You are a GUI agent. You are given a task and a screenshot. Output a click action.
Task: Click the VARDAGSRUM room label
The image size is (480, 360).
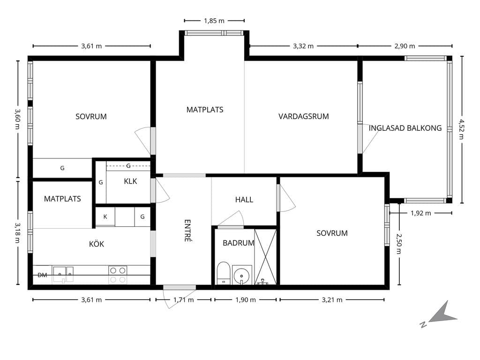(x=303, y=116)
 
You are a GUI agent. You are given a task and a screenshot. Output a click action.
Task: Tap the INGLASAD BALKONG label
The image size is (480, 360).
(x=405, y=128)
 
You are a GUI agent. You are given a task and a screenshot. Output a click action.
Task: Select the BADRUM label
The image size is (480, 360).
(x=239, y=243)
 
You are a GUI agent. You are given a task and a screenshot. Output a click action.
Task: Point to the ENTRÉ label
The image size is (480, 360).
(x=187, y=231)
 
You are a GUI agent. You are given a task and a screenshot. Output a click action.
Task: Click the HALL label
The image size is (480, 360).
(x=244, y=200)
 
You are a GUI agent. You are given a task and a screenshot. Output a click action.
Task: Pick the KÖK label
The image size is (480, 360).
(x=97, y=244)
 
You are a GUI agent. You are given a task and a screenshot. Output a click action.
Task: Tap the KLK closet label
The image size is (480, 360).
(x=130, y=181)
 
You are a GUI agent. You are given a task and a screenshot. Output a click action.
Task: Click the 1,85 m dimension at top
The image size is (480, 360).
(x=214, y=21)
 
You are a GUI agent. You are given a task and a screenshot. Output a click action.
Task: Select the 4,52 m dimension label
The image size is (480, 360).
(x=461, y=129)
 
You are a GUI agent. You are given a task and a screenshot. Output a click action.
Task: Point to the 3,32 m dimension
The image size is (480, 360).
(x=303, y=46)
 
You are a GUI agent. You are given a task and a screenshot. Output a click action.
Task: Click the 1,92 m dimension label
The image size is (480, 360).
(x=420, y=213)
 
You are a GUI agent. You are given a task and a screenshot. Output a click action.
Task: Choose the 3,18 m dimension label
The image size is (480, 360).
(x=17, y=232)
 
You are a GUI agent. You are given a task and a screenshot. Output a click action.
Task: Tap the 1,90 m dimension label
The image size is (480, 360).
(x=246, y=300)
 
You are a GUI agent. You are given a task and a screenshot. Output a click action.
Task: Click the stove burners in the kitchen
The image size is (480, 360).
(x=118, y=275)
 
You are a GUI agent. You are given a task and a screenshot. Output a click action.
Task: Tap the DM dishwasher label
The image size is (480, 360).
(x=42, y=275)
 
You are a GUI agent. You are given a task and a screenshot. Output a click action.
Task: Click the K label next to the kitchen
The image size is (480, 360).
(x=105, y=217)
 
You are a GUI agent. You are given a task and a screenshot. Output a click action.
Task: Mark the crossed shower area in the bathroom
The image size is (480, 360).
(x=265, y=257)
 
